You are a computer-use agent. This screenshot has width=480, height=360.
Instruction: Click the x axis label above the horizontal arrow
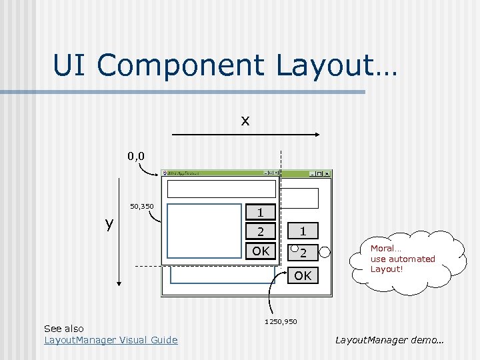coord(245,121)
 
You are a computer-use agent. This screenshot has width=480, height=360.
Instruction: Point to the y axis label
coord(109,223)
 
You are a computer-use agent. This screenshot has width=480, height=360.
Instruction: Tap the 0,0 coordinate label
coord(137,157)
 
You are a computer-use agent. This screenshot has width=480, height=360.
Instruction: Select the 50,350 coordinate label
coord(141,207)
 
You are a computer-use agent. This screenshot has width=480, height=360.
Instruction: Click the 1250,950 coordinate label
coord(281,322)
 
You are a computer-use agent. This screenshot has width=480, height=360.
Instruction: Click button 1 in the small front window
coord(261,213)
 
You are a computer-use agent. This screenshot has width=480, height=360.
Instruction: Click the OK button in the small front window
coord(261,251)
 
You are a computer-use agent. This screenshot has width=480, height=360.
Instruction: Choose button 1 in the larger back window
coord(303,231)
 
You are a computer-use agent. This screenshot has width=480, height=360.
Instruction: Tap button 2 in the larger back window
coord(303,253)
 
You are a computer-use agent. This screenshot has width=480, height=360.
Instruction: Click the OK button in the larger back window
coord(303,275)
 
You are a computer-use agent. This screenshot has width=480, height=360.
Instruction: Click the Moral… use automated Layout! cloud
coord(403,259)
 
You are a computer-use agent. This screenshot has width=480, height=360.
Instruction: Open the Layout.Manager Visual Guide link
coord(111,340)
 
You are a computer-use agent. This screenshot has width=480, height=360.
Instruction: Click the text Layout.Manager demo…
coord(390,340)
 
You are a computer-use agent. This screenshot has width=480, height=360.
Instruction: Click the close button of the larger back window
coord(327,174)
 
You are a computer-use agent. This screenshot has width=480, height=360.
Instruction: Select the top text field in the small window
coord(221,189)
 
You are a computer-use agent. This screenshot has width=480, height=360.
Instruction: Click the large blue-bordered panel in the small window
coord(203,230)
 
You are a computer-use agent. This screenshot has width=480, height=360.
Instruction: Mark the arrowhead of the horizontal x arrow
coord(317,135)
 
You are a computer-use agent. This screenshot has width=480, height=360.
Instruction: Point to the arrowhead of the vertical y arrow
coord(119,283)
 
